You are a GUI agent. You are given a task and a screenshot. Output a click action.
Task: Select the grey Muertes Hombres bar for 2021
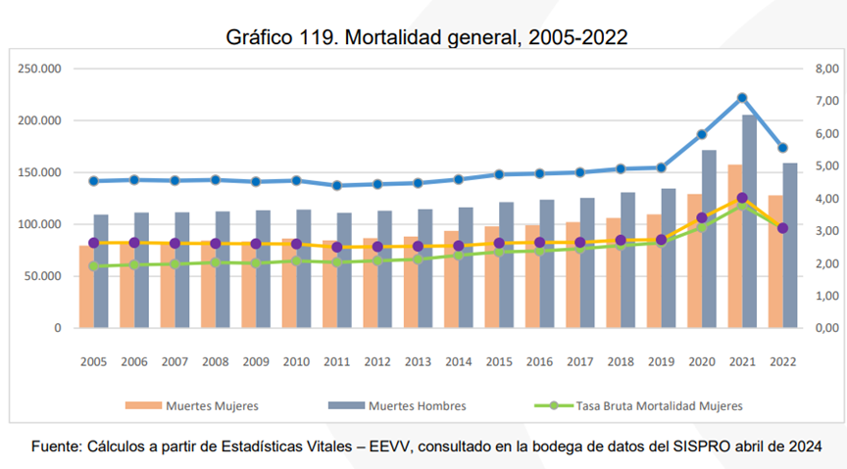click(x=749, y=225)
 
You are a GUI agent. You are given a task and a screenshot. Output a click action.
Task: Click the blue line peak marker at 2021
click(x=742, y=98)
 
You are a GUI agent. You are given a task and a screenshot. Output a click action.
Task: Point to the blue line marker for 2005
click(x=93, y=181)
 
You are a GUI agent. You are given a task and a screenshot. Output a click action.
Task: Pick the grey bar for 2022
click(x=789, y=245)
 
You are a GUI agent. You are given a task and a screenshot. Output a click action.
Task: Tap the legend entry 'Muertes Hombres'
click(x=417, y=404)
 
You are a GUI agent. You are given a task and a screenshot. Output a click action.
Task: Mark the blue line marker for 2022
click(x=782, y=148)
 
